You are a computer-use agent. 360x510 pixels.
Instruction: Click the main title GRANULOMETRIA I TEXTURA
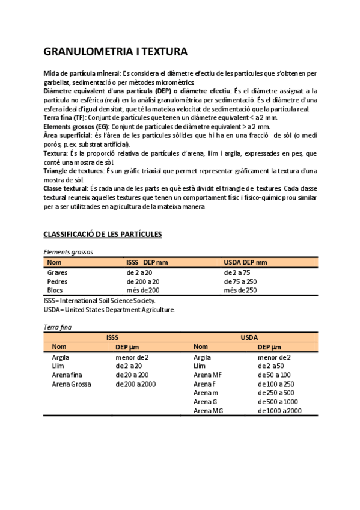tap(116, 51)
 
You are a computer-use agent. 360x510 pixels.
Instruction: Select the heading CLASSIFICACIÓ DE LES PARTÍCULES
tap(103, 234)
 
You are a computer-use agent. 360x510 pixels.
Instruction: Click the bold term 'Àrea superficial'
tap(67, 135)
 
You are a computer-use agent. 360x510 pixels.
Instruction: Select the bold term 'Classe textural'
tap(66, 189)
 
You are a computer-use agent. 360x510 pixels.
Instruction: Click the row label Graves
tap(57, 272)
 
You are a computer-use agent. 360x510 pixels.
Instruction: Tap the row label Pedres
tap(57, 281)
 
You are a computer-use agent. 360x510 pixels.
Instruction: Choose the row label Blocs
tap(55, 290)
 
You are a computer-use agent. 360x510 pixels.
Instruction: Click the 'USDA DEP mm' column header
tap(245, 262)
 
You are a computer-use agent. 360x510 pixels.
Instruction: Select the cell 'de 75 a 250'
tap(240, 281)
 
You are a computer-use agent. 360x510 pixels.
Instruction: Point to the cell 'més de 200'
tap(143, 290)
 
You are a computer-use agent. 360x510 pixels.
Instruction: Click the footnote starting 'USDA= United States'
tap(109, 309)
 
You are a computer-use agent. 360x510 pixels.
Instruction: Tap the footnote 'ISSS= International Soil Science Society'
tap(100, 300)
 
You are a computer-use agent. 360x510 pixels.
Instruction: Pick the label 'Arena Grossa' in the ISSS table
tap(72, 384)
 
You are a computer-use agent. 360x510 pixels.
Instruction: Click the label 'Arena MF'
tap(208, 375)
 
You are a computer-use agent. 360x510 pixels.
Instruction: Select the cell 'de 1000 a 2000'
tap(279, 411)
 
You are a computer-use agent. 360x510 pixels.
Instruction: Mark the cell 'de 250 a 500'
tap(276, 393)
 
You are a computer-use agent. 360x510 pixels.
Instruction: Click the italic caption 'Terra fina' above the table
tap(58, 327)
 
